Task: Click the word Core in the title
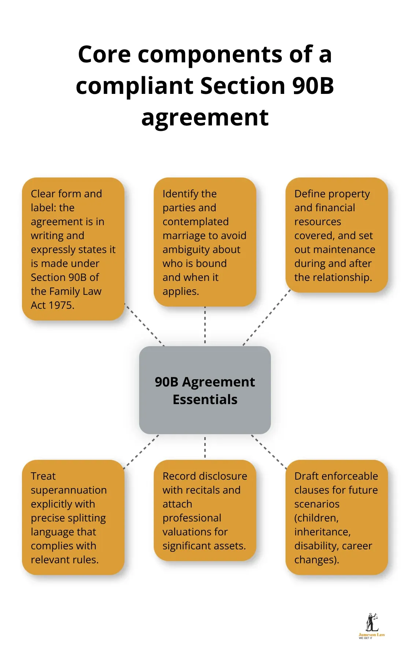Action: [104, 54]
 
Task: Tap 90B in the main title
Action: [313, 86]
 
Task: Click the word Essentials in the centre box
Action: [205, 399]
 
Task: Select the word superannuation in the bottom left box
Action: [69, 490]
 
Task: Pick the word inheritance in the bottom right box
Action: [322, 532]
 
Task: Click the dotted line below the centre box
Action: [205, 447]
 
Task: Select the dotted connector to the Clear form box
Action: [145, 325]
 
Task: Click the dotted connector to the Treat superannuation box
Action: [141, 452]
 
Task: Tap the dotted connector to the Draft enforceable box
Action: [269, 452]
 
